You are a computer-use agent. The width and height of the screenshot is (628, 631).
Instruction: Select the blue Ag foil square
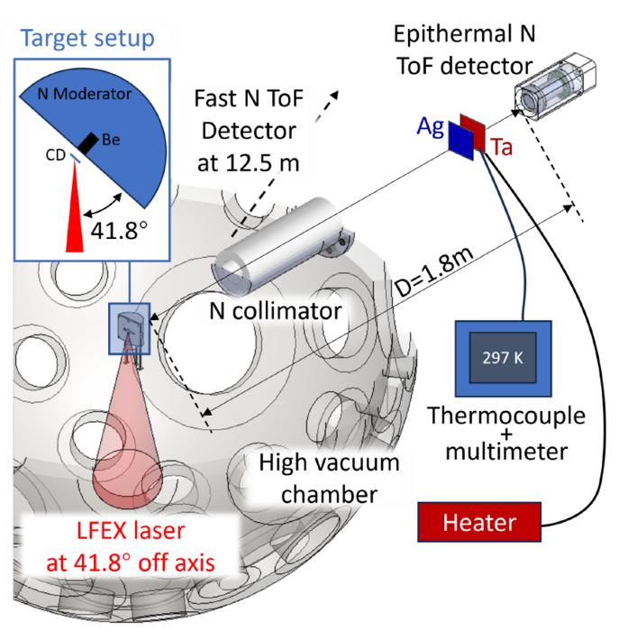[x=460, y=140]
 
